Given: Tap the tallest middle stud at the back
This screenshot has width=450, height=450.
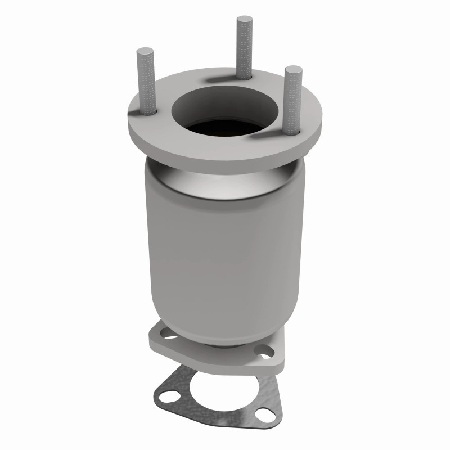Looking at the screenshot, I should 244,48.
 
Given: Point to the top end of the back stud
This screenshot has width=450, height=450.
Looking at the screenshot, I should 244,20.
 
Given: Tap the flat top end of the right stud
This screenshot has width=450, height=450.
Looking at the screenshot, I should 293,70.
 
